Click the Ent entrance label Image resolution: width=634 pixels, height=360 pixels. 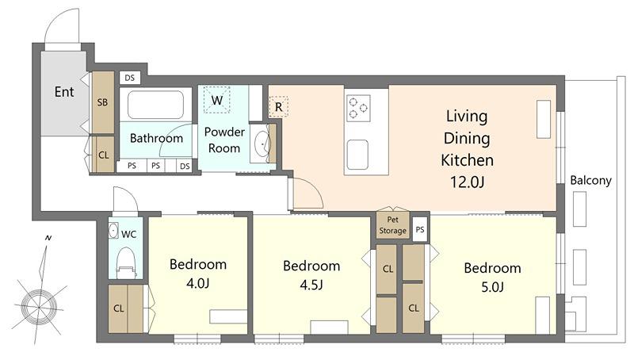point(64,92)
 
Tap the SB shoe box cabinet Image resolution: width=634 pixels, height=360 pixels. point(103,102)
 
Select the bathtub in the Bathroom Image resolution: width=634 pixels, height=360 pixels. point(155,105)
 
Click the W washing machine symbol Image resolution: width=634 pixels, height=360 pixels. point(216,99)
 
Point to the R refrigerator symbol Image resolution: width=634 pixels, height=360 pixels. point(279,107)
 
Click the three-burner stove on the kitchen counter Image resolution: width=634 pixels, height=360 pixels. point(358,108)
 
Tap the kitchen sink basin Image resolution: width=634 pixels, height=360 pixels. point(357,155)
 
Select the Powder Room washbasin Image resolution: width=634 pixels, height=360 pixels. point(261,144)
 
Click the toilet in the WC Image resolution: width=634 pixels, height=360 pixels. point(125,263)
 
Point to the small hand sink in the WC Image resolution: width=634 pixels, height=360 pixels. point(113,230)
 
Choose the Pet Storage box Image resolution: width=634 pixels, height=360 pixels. point(392,225)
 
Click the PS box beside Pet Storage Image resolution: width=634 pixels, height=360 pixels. point(420,229)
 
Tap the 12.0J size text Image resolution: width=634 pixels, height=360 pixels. point(467,182)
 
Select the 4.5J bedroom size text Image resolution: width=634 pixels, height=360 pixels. point(311,285)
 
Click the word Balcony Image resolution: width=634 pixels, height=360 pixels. point(590,180)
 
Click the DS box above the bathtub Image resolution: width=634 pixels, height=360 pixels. point(130,78)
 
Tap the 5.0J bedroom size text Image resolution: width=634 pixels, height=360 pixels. point(492,287)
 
